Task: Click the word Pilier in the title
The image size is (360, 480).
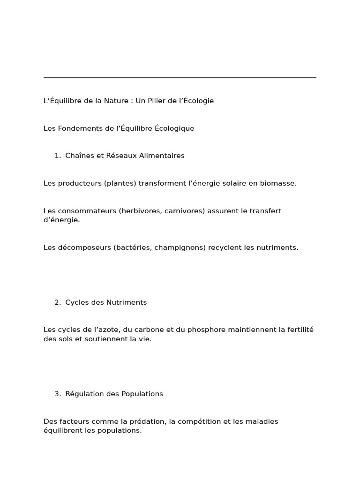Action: click(157, 101)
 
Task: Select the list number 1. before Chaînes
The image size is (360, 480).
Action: click(58, 156)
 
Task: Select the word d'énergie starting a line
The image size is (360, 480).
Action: click(61, 220)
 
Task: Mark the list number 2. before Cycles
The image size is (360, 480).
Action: click(58, 302)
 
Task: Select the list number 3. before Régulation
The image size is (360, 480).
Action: click(58, 394)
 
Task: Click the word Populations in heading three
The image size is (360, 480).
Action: click(142, 394)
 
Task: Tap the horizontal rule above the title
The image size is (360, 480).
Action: click(180, 77)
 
